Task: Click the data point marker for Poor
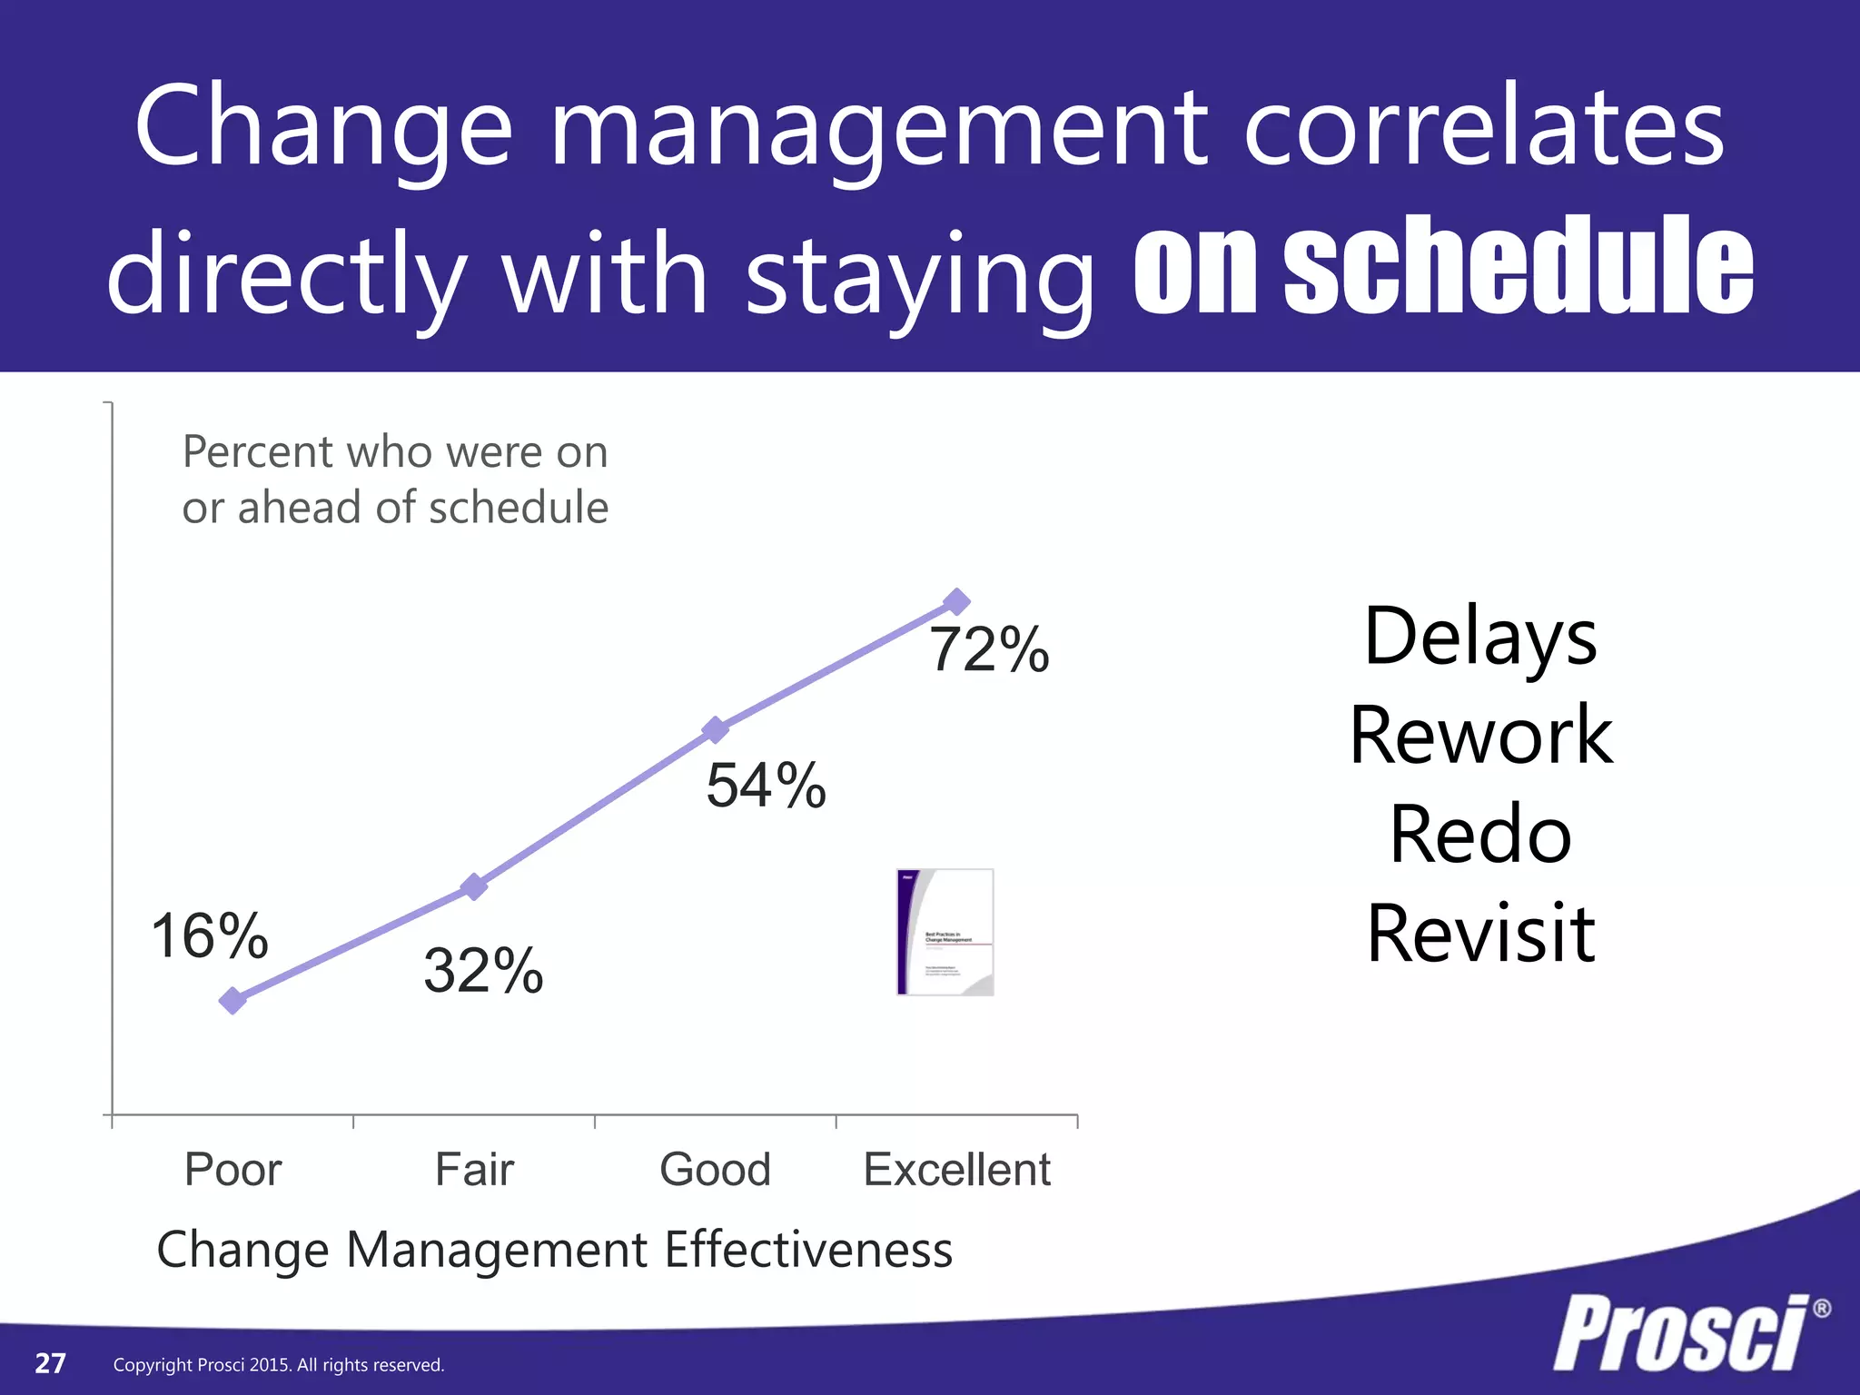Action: pyautogui.click(x=232, y=1000)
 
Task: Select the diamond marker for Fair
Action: pyautogui.click(x=474, y=886)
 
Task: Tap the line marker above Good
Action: pyautogui.click(x=716, y=729)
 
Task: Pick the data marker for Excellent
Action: pyautogui.click(x=956, y=601)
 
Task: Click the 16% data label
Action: pyautogui.click(x=210, y=935)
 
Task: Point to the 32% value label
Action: pyautogui.click(x=483, y=970)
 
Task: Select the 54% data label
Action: pyautogui.click(x=766, y=785)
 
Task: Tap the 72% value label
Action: pyautogui.click(x=989, y=650)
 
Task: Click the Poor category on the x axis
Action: pyautogui.click(x=232, y=1169)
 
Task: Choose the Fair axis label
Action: pyautogui.click(x=474, y=1169)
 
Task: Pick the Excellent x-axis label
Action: pyautogui.click(x=956, y=1169)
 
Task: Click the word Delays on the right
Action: pyautogui.click(x=1480, y=638)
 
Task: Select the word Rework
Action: pyautogui.click(x=1480, y=736)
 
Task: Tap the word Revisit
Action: pyautogui.click(x=1480, y=934)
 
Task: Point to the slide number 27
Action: pyautogui.click(x=50, y=1363)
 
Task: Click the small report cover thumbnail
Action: pyautogui.click(x=945, y=932)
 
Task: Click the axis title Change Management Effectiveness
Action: pyautogui.click(x=554, y=1250)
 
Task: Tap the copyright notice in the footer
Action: pyautogui.click(x=279, y=1365)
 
